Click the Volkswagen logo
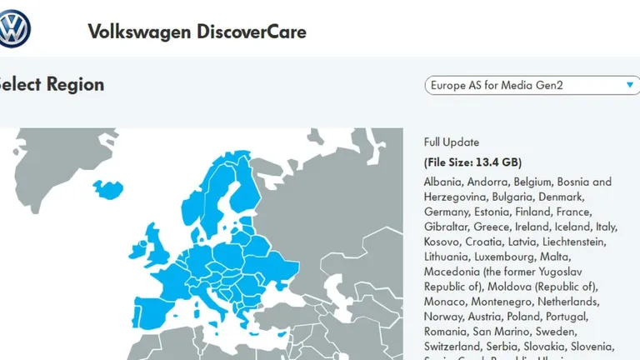(x=14, y=29)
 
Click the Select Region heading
(x=52, y=84)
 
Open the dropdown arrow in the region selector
(x=630, y=85)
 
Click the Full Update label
(x=452, y=142)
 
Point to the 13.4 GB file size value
(x=497, y=162)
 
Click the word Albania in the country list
(x=442, y=182)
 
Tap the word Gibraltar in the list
(x=446, y=227)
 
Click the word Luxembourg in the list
(x=497, y=257)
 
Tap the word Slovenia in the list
(x=592, y=347)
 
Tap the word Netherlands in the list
(x=571, y=302)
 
